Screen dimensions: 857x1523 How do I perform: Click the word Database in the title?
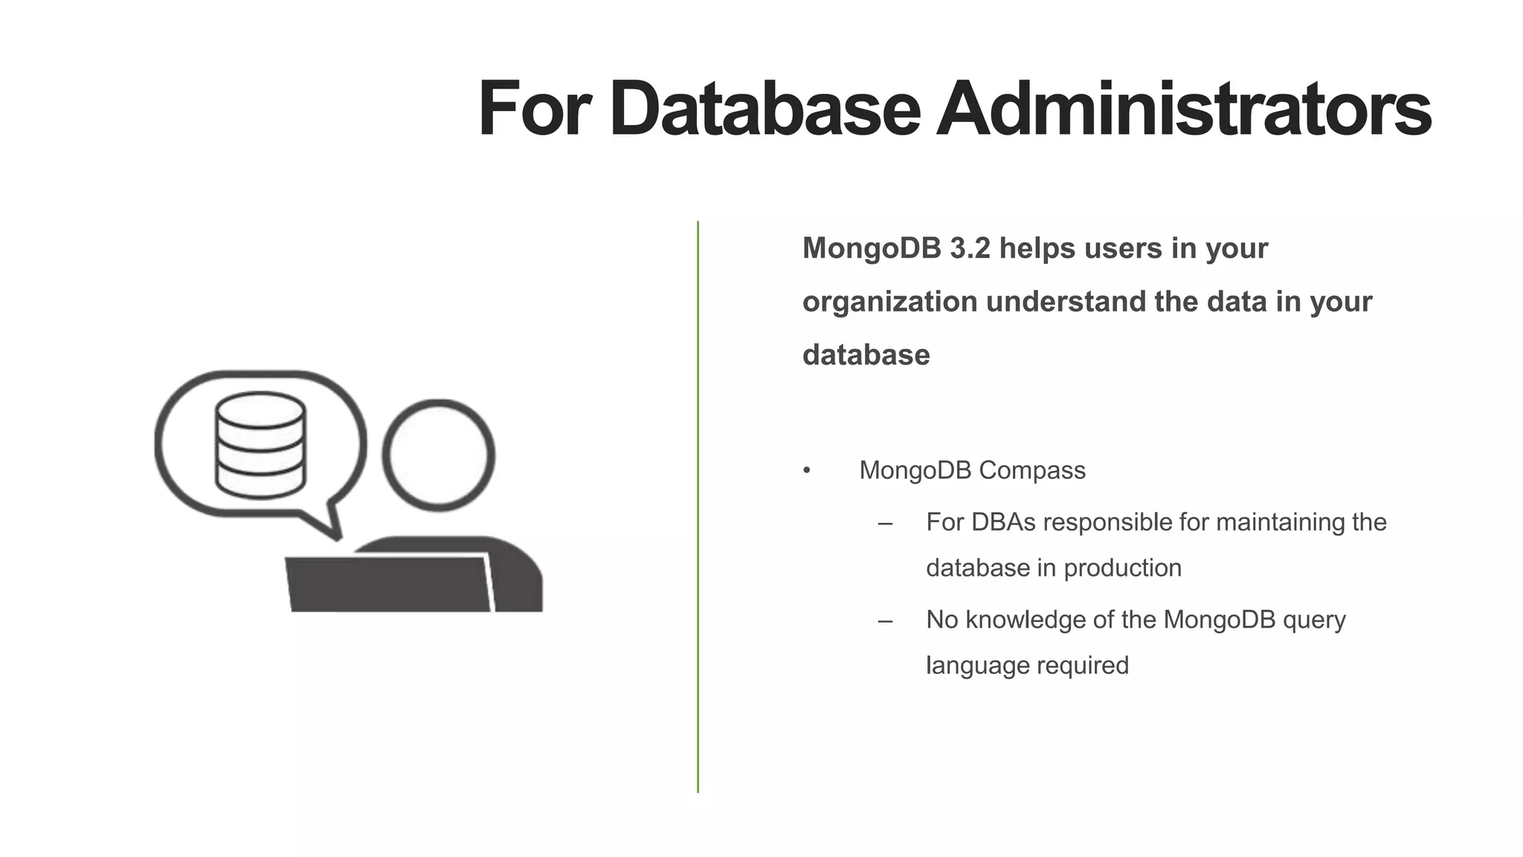click(x=765, y=109)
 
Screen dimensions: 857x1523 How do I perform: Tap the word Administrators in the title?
click(x=1183, y=109)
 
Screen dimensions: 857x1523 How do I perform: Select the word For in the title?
click(x=534, y=109)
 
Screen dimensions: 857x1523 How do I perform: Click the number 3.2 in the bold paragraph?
click(x=970, y=248)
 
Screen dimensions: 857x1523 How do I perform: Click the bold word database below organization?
click(x=866, y=355)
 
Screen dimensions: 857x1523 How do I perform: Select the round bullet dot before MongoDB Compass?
click(x=807, y=471)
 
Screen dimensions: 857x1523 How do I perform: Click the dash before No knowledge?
click(x=885, y=620)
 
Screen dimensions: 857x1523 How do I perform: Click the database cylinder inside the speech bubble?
click(x=260, y=445)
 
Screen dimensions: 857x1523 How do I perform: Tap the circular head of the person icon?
click(x=439, y=455)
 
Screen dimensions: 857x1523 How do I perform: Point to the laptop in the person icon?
click(x=389, y=584)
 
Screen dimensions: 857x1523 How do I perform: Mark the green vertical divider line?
click(x=698, y=506)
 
